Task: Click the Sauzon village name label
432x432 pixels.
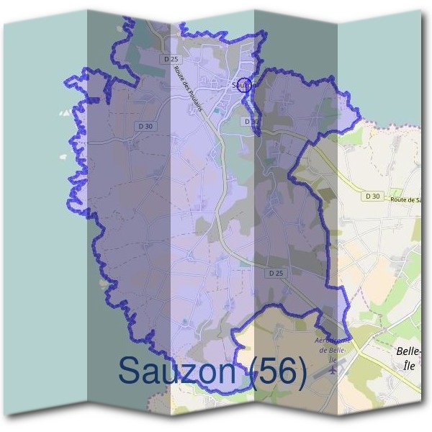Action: click(x=244, y=86)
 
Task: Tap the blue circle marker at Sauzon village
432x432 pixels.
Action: click(x=245, y=85)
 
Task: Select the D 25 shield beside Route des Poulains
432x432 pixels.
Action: click(x=170, y=59)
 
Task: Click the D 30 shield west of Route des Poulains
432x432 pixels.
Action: click(x=145, y=126)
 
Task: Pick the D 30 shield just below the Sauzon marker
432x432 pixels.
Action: click(x=251, y=122)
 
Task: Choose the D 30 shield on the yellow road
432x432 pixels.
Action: click(x=372, y=196)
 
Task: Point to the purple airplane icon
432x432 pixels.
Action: click(x=332, y=370)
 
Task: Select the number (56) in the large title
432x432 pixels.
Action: click(x=280, y=371)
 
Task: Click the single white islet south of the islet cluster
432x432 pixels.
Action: click(x=63, y=155)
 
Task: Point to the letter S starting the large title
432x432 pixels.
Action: click(x=129, y=371)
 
